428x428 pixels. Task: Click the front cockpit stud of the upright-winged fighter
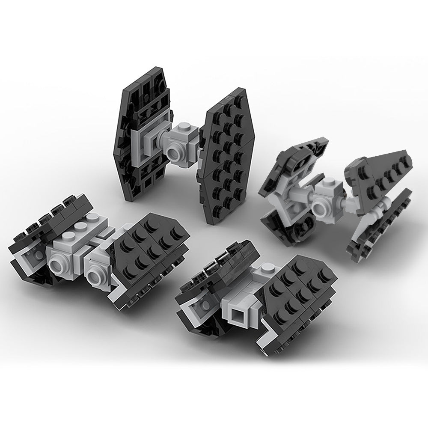tap(175, 151)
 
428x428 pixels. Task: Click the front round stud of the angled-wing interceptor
tap(320, 208)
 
